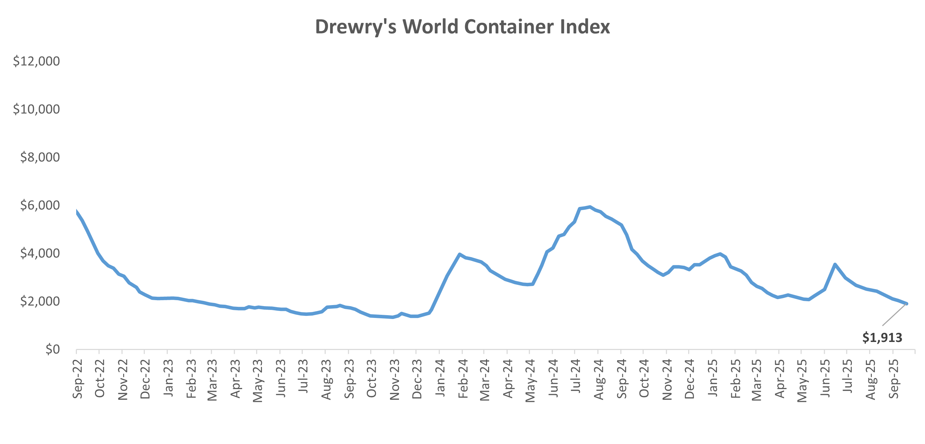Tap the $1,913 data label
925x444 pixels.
pos(882,337)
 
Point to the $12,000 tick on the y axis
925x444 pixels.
pos(36,61)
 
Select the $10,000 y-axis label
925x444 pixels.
pos(36,109)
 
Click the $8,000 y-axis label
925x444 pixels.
pos(40,157)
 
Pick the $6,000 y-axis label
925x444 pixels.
pos(40,205)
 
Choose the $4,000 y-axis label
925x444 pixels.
pos(40,253)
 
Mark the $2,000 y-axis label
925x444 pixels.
pos(40,301)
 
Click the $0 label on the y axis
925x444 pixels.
pos(53,349)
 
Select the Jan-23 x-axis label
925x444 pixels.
pos(168,377)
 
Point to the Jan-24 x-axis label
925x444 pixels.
pos(440,377)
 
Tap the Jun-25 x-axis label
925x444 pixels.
pos(825,378)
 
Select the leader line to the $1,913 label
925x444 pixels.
pos(894,314)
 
